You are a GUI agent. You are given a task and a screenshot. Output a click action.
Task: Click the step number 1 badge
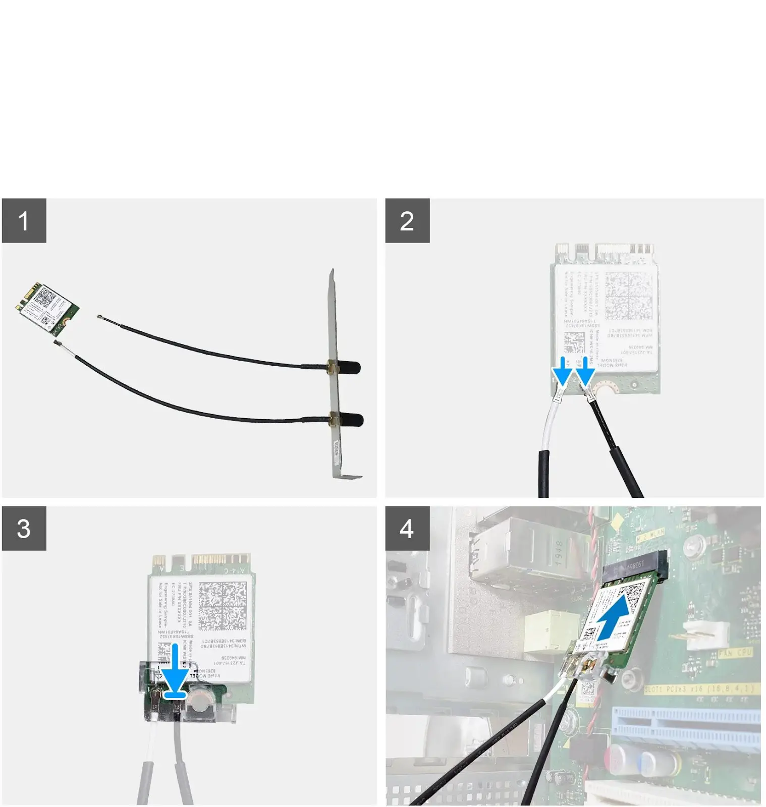pyautogui.click(x=24, y=220)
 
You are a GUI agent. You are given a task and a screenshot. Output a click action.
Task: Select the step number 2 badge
pyautogui.click(x=407, y=220)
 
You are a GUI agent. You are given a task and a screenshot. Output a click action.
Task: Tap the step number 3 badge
pyautogui.click(x=24, y=528)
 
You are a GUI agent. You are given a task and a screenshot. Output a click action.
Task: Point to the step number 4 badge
pyautogui.click(x=407, y=528)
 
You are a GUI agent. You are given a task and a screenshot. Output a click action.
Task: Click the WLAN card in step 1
pyautogui.click(x=47, y=308)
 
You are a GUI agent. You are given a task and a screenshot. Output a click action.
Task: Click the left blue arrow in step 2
pyautogui.click(x=562, y=371)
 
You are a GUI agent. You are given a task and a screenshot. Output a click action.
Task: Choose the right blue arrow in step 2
pyautogui.click(x=585, y=371)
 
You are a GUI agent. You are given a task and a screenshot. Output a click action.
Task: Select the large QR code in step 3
pyautogui.click(x=223, y=605)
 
